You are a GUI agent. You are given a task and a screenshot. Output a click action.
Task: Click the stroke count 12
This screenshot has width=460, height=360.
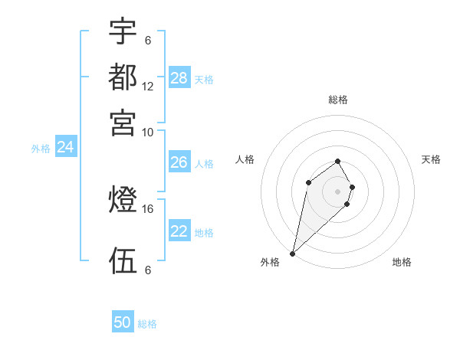click(148, 87)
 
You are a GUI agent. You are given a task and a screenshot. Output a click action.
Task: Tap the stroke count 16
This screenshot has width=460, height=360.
click(148, 208)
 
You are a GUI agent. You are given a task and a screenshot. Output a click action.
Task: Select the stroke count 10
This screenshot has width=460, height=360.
click(148, 132)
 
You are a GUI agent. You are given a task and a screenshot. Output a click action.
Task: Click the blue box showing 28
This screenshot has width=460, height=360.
click(179, 78)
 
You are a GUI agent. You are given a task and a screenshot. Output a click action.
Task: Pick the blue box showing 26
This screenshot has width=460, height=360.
click(179, 162)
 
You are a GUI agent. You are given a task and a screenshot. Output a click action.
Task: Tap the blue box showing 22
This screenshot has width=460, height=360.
click(179, 231)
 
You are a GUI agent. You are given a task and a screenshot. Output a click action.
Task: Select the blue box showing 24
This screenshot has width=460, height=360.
click(65, 147)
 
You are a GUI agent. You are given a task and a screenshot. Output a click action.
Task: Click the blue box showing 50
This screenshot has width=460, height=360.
click(123, 323)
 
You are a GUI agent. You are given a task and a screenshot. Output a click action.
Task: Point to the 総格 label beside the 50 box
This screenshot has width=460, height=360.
click(147, 324)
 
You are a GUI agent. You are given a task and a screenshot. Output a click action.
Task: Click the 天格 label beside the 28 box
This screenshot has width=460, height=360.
click(204, 79)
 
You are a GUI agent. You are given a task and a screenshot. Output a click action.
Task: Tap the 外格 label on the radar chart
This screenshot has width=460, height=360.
click(270, 262)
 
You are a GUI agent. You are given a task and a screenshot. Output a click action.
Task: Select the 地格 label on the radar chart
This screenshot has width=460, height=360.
click(402, 262)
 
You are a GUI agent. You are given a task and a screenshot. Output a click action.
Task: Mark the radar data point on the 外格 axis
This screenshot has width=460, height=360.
click(293, 254)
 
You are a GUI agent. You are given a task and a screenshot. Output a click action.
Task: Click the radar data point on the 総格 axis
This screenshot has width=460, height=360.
click(338, 161)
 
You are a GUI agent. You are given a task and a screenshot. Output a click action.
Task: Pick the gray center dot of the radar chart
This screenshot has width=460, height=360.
click(338, 191)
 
